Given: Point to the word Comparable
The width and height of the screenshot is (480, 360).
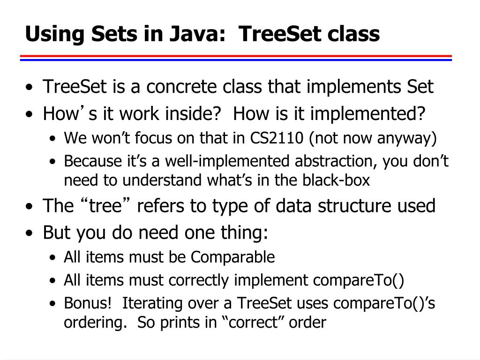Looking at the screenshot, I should tap(233, 257).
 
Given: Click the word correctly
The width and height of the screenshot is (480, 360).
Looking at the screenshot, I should tap(199, 280).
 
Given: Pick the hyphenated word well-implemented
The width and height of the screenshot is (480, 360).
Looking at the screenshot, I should tap(238, 161).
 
